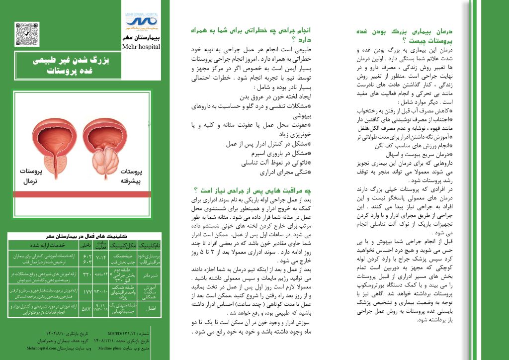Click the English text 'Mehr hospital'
point(141,47)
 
